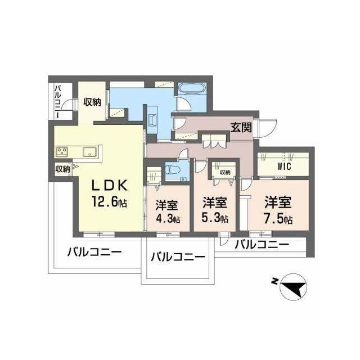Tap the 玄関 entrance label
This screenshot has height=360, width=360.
[x=241, y=127]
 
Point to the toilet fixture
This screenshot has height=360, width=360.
[x=173, y=169]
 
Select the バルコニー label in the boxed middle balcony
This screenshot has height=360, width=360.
[x=177, y=258]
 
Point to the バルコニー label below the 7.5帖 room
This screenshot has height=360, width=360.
[x=262, y=245]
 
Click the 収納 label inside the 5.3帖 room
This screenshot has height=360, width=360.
[x=224, y=172]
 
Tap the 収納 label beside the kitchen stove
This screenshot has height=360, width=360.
[x=62, y=168]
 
